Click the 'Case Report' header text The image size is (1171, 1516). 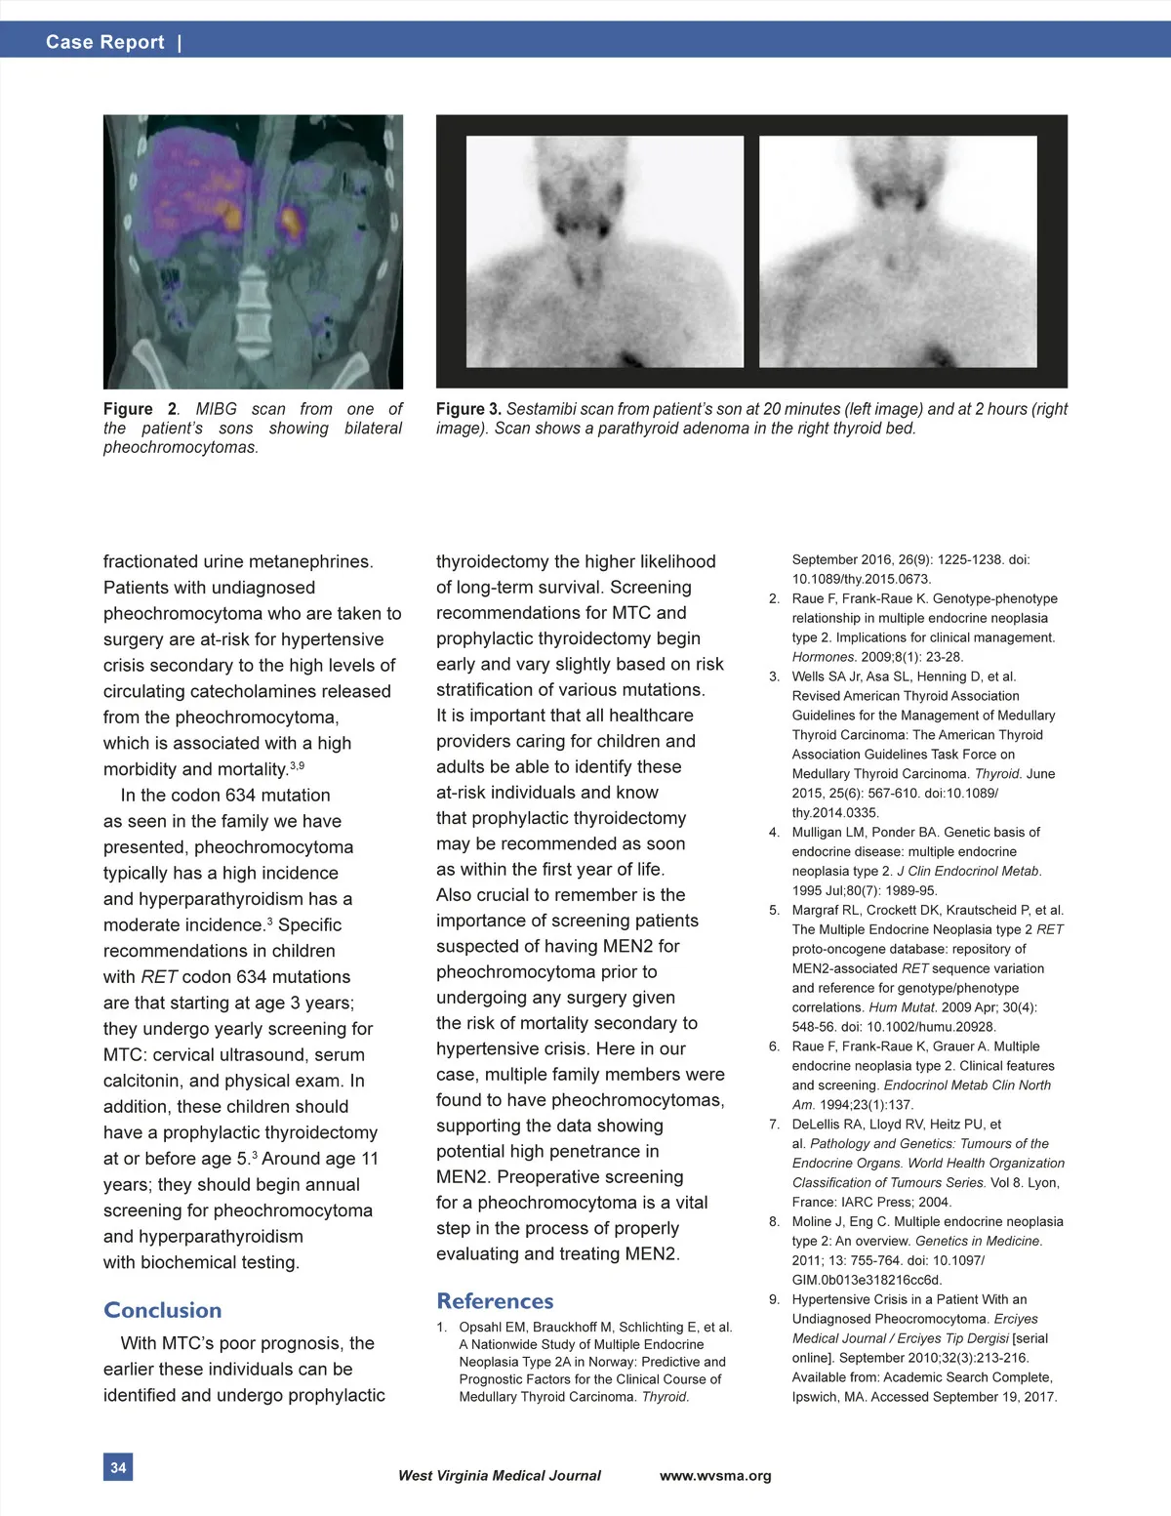coord(104,42)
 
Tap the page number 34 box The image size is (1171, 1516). coord(118,1467)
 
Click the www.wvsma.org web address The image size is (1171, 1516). coord(715,1476)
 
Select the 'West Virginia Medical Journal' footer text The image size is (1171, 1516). coord(499,1476)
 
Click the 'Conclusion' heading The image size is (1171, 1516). coord(162,1310)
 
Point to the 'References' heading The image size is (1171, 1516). coord(495,1301)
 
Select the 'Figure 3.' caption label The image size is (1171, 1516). coord(468,409)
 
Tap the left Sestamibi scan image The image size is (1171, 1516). coord(604,252)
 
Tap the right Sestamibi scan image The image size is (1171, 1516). coord(898,252)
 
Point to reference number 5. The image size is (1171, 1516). coord(774,910)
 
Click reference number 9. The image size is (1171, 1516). coord(774,1299)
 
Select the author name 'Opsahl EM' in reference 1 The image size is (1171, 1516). coord(493,1328)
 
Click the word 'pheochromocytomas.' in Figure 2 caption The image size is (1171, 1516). coord(181,448)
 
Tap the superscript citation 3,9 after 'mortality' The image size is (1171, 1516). coord(297,765)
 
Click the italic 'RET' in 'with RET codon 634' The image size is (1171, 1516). coord(159,977)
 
